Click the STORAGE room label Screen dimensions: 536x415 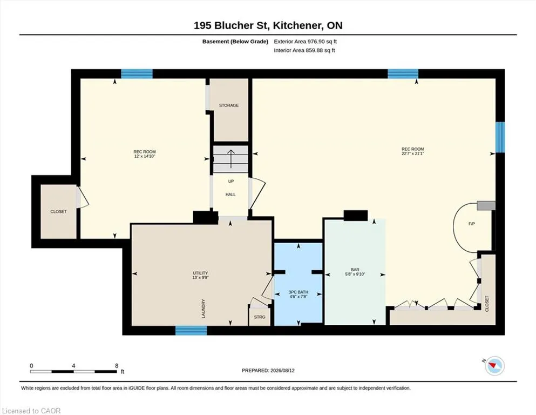(229, 105)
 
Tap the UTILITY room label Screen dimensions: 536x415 (200, 273)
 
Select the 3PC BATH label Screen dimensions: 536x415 (298, 292)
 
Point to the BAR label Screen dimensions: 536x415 (355, 270)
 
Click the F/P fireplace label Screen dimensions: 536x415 (472, 224)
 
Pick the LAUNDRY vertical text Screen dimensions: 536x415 (203, 309)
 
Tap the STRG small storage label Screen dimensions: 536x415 (260, 317)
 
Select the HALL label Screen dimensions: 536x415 (230, 195)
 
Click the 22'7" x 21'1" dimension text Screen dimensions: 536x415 (412, 153)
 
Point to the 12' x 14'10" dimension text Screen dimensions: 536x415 (145, 156)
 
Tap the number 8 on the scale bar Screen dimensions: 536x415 (117, 366)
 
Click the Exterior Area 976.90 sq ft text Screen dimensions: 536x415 (306, 42)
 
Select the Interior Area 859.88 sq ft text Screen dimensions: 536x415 (304, 50)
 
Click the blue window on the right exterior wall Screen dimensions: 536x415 (500, 137)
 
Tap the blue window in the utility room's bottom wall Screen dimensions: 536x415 (191, 330)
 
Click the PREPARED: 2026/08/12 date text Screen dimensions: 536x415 (268, 371)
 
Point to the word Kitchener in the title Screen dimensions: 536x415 (297, 25)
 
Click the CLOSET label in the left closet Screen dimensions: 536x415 (58, 212)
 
